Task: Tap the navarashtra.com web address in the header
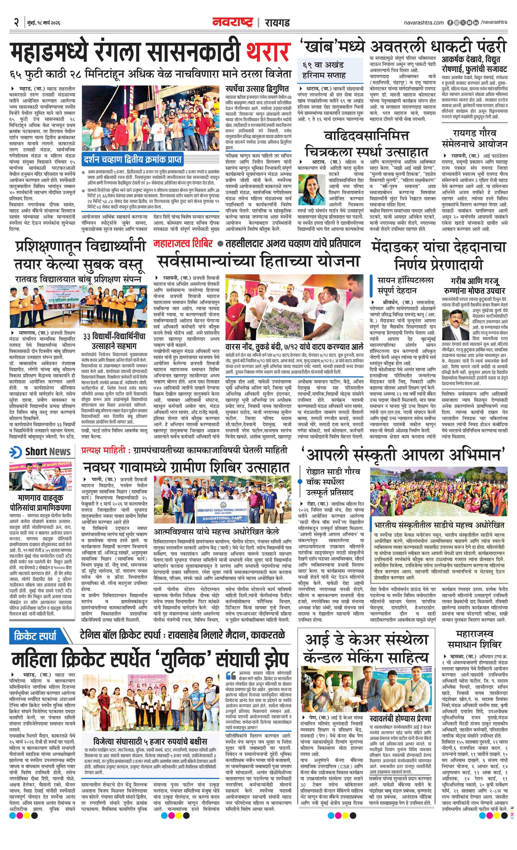coord(424,23)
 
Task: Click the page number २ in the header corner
coord(16,23)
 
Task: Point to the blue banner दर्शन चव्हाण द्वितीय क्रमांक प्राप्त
coord(132,160)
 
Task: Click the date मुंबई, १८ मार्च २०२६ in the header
coord(43,23)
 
